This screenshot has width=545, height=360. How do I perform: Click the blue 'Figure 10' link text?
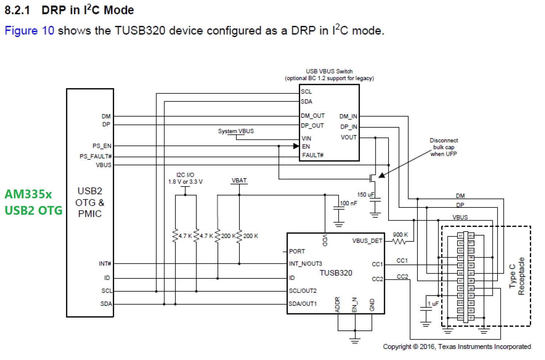click(29, 31)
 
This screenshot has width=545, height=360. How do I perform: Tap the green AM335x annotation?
click(28, 194)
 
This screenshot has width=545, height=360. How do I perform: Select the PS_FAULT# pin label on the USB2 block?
click(96, 157)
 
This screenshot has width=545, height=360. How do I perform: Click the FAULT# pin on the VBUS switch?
click(313, 155)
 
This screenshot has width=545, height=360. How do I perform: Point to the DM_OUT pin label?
click(313, 116)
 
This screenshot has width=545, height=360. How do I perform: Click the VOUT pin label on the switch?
click(348, 138)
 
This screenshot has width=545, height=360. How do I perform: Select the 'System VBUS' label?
click(236, 131)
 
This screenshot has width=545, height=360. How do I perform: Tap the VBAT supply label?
click(239, 181)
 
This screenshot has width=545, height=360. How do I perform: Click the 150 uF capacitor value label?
click(366, 195)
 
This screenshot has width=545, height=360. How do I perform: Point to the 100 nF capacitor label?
click(348, 203)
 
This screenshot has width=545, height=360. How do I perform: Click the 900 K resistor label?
click(400, 235)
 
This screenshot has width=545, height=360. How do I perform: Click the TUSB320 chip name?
click(336, 273)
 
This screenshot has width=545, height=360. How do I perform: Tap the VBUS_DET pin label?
click(367, 241)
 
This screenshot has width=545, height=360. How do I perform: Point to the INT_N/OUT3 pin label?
click(305, 264)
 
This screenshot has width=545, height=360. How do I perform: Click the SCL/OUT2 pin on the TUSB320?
click(303, 291)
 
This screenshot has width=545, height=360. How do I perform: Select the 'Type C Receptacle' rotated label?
click(517, 276)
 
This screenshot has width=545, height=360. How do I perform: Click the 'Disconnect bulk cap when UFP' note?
click(443, 147)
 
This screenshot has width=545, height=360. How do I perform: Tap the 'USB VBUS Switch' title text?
click(329, 71)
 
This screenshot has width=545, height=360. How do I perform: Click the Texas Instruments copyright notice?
click(457, 346)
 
